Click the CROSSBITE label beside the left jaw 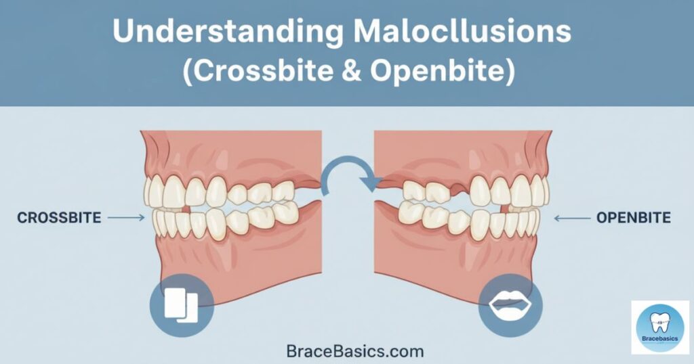coord(60,218)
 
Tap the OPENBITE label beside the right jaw coord(634,218)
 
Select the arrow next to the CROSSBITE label coord(126,217)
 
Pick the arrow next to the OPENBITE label coord(572,218)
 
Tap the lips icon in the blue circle coord(510,304)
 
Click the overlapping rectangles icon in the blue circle coord(182,305)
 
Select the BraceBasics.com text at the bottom coord(355,352)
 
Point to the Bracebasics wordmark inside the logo coord(660,339)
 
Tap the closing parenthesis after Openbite coord(510,72)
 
